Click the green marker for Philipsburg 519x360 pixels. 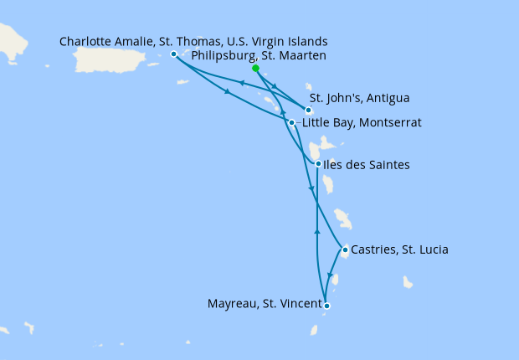[255, 69]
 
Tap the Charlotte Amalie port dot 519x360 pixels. [173, 54]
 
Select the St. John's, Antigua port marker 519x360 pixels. [309, 111]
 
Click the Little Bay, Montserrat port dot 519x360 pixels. [291, 123]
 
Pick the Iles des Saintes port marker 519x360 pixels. [317, 164]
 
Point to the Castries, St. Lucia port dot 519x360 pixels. [345, 249]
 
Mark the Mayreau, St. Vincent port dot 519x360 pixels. [326, 306]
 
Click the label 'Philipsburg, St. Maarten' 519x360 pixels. [258, 56]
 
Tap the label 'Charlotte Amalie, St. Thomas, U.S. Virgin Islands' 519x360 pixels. [194, 41]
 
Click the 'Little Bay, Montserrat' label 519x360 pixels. [361, 123]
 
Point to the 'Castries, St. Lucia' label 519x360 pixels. [400, 249]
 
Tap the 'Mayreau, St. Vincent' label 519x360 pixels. [264, 305]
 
